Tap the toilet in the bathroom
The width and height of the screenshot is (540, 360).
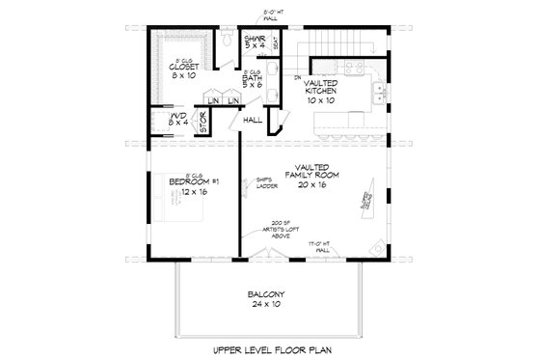pos(224,40)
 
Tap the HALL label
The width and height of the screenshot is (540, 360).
pos(254,120)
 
